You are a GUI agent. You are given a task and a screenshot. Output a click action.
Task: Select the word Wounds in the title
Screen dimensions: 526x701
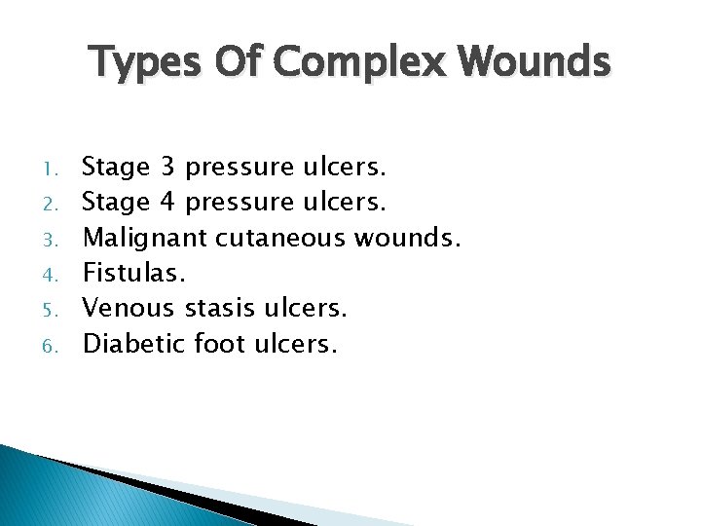pos(537,63)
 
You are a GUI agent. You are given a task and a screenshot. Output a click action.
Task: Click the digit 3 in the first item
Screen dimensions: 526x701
pos(167,168)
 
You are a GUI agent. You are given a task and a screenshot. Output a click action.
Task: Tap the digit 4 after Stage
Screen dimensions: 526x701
pos(167,203)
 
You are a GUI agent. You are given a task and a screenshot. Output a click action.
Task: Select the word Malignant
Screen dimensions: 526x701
pos(143,238)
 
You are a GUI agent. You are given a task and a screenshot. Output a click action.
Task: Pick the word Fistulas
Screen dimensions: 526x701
pos(126,273)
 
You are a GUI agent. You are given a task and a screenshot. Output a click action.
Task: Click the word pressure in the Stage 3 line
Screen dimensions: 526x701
pos(239,168)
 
